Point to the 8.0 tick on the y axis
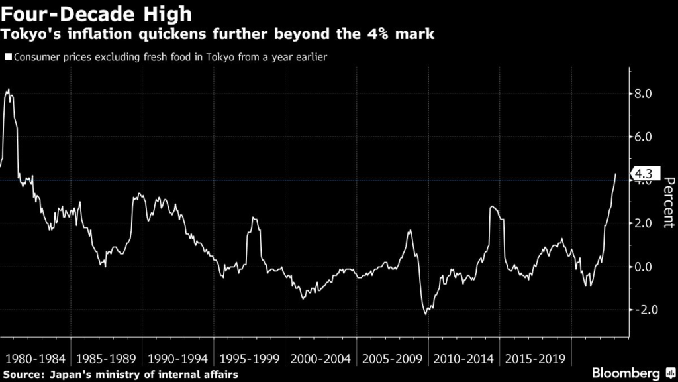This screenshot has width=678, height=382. [x=644, y=94]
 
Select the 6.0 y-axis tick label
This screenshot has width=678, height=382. [x=644, y=137]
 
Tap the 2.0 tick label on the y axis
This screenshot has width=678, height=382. [x=644, y=223]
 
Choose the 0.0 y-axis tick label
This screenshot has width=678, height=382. [x=644, y=267]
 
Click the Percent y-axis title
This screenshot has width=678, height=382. [x=668, y=202]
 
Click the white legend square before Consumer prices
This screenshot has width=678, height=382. [x=7, y=57]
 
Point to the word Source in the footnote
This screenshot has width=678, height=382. [x=21, y=375]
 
